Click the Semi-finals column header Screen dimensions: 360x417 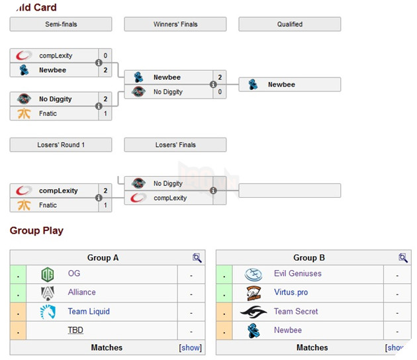pos(61,24)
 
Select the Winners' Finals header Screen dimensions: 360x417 pos(175,24)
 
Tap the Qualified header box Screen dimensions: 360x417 pos(290,24)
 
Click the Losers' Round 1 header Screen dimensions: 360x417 pos(61,145)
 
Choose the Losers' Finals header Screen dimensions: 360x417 pos(175,145)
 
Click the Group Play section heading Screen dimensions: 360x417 pos(36,231)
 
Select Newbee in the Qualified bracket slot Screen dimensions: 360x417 pos(281,85)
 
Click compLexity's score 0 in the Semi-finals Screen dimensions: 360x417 pos(105,56)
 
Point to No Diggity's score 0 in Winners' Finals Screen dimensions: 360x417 pos(220,92)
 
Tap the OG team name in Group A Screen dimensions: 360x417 pos(74,273)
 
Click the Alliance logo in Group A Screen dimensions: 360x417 pos(48,292)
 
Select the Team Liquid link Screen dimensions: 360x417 pos(89,312)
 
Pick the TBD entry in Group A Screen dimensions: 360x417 pos(75,330)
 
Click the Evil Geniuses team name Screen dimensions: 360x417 pos(298,273)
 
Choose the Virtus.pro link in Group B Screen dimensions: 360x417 pos(291,292)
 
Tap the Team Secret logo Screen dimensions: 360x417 pos(254,312)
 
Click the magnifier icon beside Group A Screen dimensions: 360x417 pos(197,258)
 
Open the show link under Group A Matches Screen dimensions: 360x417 pos(190,347)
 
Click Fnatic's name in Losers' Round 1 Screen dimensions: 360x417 pos(48,205)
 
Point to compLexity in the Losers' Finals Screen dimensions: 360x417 pos(170,198)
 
